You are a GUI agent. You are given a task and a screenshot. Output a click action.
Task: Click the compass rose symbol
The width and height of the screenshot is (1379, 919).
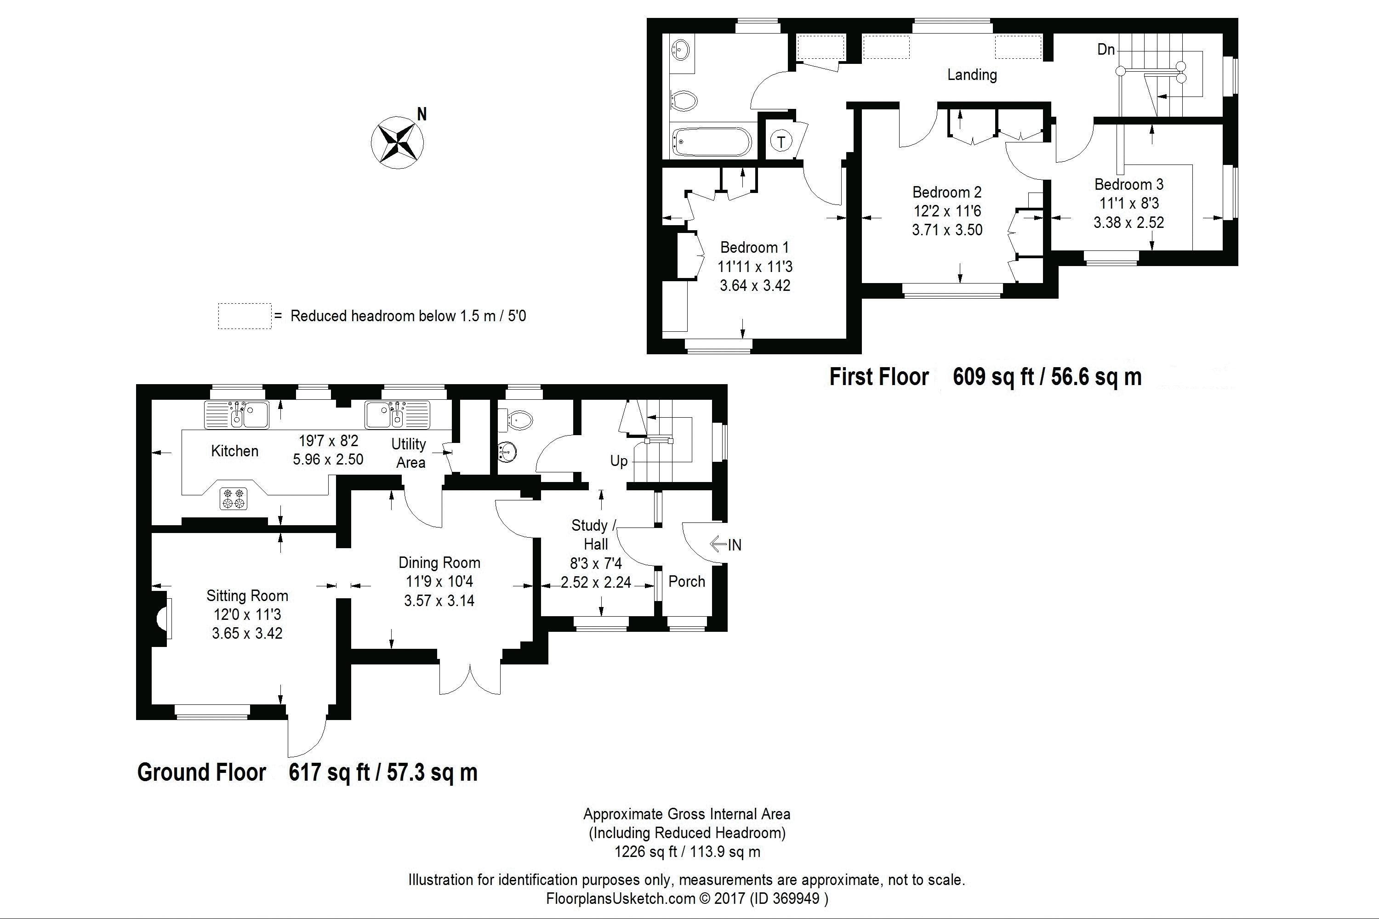tap(398, 142)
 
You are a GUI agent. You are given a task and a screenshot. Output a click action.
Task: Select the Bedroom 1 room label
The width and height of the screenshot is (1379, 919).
tap(755, 247)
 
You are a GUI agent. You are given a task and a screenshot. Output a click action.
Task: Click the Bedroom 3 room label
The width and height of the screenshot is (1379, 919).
tap(1128, 184)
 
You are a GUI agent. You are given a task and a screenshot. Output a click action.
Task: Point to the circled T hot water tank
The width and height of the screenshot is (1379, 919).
tap(781, 141)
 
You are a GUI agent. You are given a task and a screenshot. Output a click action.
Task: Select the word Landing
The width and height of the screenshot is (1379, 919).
tap(972, 74)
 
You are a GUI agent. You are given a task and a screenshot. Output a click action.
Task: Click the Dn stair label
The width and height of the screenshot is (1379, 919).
tap(1106, 49)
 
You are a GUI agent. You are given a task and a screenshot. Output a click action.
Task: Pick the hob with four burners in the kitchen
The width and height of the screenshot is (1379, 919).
tap(234, 498)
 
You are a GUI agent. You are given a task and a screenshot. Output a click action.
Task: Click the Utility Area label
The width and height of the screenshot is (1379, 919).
tap(409, 453)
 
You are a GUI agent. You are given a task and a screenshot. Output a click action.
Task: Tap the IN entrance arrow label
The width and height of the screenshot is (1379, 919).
tap(726, 545)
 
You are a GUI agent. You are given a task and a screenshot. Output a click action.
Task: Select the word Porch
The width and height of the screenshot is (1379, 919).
tap(687, 581)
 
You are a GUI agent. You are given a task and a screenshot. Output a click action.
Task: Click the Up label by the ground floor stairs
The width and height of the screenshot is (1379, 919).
tap(619, 461)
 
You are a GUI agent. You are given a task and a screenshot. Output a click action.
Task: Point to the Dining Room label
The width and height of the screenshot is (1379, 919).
tap(439, 562)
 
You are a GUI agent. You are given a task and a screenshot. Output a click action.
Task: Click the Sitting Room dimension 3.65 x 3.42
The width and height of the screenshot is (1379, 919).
tap(247, 633)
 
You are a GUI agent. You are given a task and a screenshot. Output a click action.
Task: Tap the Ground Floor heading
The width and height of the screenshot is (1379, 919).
tap(202, 772)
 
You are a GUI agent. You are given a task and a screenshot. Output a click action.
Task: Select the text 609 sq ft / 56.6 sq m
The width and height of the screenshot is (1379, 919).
tap(1047, 376)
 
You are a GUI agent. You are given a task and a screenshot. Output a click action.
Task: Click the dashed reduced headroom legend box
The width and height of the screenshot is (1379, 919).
tap(245, 316)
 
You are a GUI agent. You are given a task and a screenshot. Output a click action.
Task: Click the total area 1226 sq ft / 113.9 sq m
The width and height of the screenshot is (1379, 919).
tap(687, 851)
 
